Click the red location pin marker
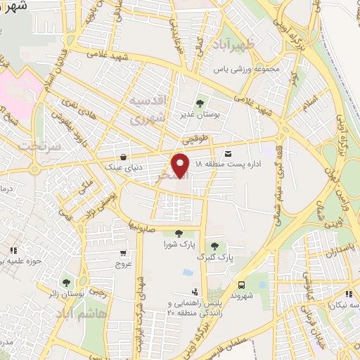pos(181,165)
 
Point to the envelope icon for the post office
pos(228,153)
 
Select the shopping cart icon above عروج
pos(123,253)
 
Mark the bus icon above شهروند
pos(242,285)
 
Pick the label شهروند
pos(242,296)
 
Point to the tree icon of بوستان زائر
pos(66,283)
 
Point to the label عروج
pos(123,264)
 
